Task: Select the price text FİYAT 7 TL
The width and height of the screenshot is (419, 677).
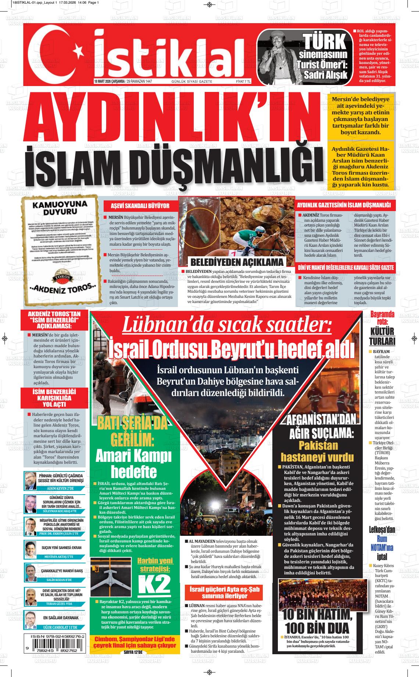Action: pos(243,82)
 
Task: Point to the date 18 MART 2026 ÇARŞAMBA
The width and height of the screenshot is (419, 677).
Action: pos(109,82)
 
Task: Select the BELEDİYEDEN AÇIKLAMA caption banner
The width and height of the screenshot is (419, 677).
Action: pos(237,262)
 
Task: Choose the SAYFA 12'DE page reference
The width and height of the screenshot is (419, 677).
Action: pos(135,652)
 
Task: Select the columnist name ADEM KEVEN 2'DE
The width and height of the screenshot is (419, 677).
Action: pos(61,488)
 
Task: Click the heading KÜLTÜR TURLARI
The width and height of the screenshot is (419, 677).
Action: pos(382,335)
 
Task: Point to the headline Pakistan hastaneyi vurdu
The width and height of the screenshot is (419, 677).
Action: pos(317,451)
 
